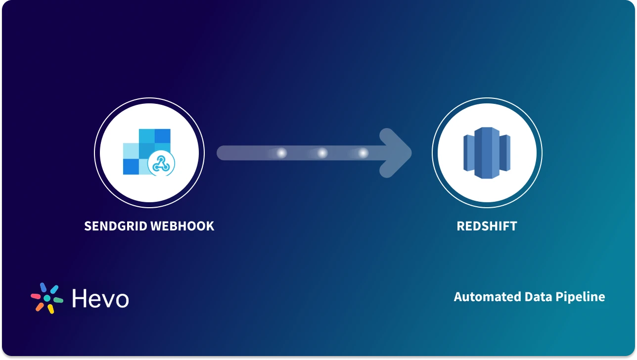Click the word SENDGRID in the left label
115,226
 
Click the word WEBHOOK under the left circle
182,226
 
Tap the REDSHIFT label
487,226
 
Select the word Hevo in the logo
100,299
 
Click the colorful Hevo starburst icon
47,298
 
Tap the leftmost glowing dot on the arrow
281,153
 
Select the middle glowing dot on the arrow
322,153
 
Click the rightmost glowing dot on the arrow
363,153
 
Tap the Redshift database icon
487,153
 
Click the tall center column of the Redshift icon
487,153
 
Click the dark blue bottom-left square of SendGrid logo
131,167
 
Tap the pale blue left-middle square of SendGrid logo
131,151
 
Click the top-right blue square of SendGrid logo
162,136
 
